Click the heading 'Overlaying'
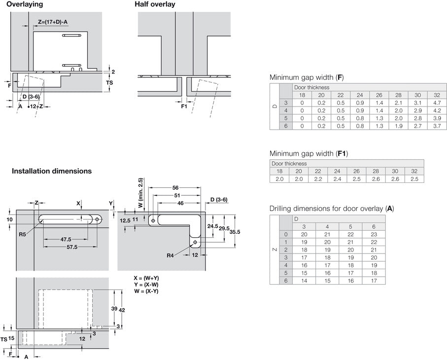pos(25,4)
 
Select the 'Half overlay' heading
pos(155,4)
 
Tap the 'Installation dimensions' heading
pos(52,171)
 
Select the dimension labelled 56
pos(175,188)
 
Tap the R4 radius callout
pos(171,255)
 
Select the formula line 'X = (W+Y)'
pos(146,278)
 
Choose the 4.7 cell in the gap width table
pos(437,103)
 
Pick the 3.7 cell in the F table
pos(437,126)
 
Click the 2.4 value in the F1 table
pos(337,179)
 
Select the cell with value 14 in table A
pos(304,281)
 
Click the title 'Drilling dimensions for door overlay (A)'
pos(331,209)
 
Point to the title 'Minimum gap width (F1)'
pos(309,154)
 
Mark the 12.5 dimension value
pos(125,220)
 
